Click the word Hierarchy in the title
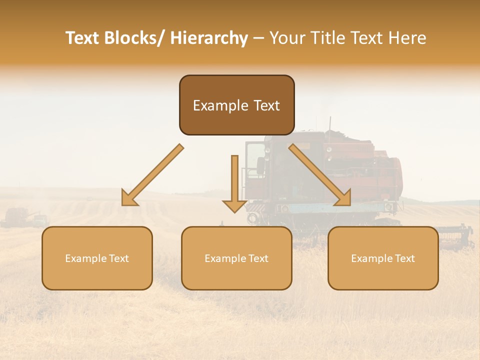[x=209, y=38]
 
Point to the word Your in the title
[x=287, y=38]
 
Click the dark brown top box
[x=236, y=105]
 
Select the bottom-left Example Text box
[x=97, y=258]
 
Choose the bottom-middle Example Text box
[x=236, y=258]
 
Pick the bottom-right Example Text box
[x=383, y=258]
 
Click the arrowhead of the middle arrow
[x=234, y=205]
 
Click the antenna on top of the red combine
[x=329, y=123]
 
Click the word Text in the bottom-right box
[x=404, y=258]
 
